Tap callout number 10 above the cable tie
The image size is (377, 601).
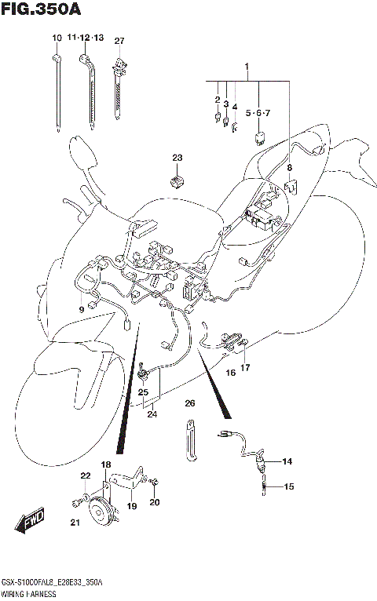(57, 39)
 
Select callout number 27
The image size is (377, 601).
(119, 41)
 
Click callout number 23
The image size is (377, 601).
(177, 158)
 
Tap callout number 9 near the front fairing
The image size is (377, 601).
(80, 309)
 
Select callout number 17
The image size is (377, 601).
(246, 367)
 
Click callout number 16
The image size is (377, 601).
(231, 373)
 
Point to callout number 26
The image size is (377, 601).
(189, 403)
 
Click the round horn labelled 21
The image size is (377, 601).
(101, 514)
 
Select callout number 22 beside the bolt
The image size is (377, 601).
(85, 476)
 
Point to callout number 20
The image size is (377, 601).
(155, 502)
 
